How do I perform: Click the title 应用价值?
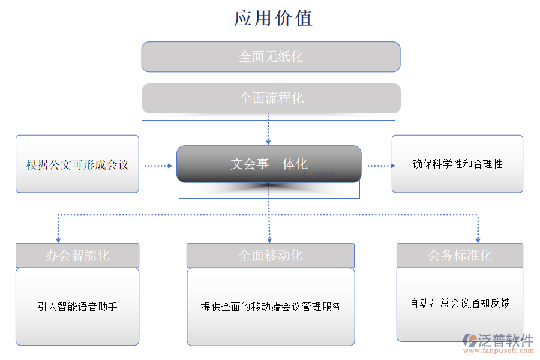coord(273,18)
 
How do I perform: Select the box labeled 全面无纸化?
coord(271,57)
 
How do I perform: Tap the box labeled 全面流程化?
coord(271,98)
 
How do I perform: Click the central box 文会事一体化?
coord(269,164)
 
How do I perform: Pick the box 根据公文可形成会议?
coord(77,164)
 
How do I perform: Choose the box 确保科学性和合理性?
coord(457,164)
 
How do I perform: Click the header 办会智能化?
coord(77,256)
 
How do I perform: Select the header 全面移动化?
coord(271,256)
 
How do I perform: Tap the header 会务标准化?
coord(460,256)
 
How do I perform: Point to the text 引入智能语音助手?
coord(77,307)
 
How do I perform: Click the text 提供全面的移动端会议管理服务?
coord(271,307)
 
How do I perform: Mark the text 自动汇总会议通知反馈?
coord(460,304)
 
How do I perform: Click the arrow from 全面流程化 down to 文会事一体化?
coord(268,129)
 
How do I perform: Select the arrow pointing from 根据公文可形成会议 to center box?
coord(158,166)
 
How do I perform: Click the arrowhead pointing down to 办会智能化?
coord(58,238)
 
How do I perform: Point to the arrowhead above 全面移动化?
coord(269,238)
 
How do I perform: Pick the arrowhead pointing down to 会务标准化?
coord(478,238)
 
